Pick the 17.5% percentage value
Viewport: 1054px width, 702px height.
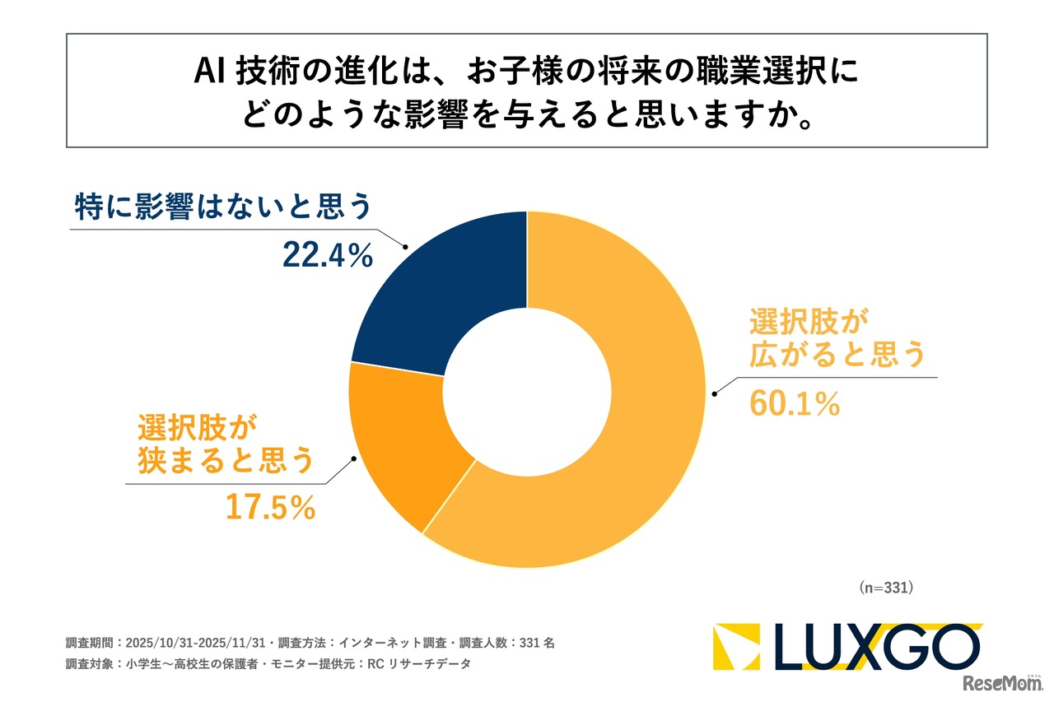tap(271, 508)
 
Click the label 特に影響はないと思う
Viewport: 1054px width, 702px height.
tap(223, 206)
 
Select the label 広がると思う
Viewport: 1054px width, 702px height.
tap(837, 355)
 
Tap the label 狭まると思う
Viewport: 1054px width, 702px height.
tap(224, 461)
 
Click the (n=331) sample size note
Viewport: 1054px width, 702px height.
tap(886, 588)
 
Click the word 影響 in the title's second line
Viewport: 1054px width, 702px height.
tap(453, 115)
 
